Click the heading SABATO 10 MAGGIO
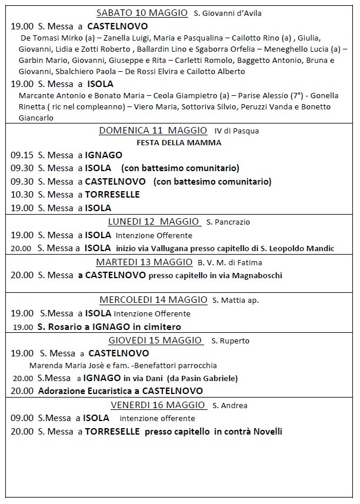[x=142, y=13]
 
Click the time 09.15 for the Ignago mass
[x=22, y=155]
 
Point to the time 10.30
[x=22, y=195]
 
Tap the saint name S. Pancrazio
[x=228, y=222]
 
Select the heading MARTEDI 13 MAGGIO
[x=145, y=262]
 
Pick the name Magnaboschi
[x=256, y=275]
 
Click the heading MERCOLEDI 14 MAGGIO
[x=153, y=300]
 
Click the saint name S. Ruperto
[x=231, y=341]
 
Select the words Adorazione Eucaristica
[x=81, y=390]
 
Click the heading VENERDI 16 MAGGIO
[x=158, y=405]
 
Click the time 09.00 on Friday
[x=22, y=418]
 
